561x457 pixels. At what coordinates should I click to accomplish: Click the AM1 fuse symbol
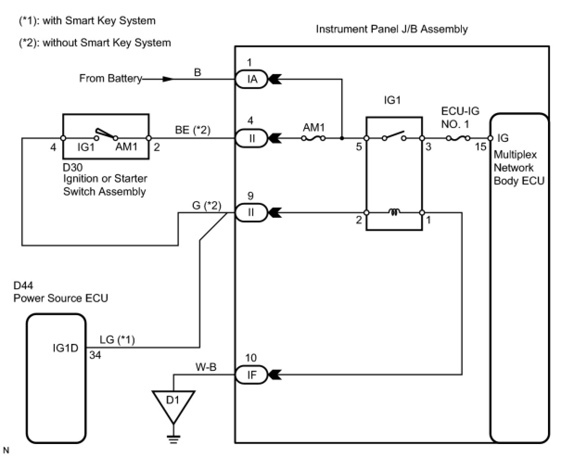[313, 138]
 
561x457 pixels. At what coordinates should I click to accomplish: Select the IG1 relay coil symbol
[394, 212]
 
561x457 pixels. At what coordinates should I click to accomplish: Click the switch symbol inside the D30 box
[106, 135]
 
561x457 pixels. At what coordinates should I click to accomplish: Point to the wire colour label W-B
[205, 367]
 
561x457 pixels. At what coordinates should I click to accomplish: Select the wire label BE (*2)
[193, 130]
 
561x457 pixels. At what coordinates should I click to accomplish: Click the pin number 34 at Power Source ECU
[96, 355]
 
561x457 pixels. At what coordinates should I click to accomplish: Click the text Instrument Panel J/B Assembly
[392, 29]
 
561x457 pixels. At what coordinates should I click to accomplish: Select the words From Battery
[110, 78]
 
